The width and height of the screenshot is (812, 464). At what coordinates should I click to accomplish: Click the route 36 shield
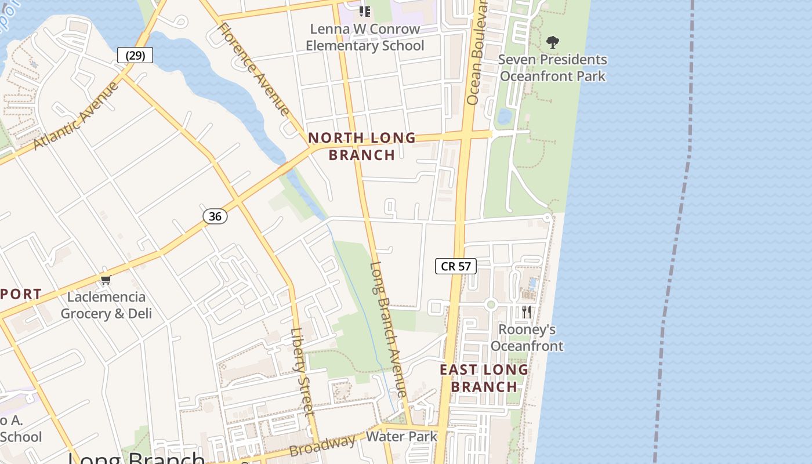coord(215,216)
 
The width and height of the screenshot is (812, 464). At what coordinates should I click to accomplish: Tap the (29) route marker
coord(135,55)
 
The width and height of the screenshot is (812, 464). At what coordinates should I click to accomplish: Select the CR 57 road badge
coord(456,266)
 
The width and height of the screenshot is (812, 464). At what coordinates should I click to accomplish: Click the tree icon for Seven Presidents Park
coord(552,42)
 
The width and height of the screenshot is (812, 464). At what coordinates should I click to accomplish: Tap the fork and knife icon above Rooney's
coord(527,311)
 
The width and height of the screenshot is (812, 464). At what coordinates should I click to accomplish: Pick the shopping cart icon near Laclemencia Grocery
coord(106,280)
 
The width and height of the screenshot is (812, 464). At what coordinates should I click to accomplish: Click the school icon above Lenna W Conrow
coord(364,11)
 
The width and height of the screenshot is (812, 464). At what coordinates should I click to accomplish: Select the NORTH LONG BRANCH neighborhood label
coord(362,146)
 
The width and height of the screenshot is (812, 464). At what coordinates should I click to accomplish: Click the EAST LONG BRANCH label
coord(484,378)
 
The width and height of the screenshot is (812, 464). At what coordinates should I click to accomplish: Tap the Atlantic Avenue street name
coord(75,115)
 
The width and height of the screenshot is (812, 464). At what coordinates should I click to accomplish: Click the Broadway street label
coord(322,445)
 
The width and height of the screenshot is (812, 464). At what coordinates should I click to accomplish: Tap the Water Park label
coord(402,436)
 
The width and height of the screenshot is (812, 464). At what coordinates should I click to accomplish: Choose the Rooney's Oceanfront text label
coord(527,338)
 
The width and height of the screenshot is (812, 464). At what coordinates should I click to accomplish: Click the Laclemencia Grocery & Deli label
coord(106,305)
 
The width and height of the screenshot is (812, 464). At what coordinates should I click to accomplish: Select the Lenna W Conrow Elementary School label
coord(365,37)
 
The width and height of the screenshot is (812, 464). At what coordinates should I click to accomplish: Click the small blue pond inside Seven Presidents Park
coord(504,117)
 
